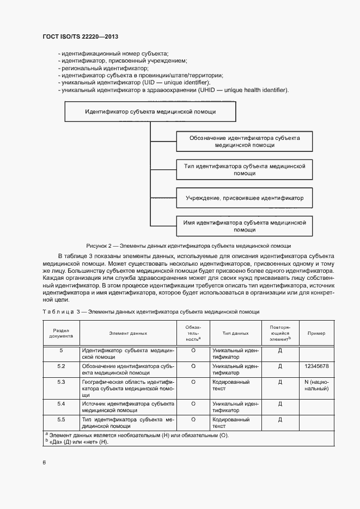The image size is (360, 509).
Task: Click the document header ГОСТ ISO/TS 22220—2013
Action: click(80, 36)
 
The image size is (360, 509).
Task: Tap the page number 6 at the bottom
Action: click(45, 463)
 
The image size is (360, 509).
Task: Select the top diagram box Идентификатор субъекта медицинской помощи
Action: click(150, 111)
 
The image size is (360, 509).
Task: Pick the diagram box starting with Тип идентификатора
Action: click(245, 169)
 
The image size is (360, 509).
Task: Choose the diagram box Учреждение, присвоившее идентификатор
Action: click(245, 198)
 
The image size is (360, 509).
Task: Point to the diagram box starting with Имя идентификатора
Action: click(245, 226)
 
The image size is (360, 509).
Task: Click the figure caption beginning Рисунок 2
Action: click(188, 246)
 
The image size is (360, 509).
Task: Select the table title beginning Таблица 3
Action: click(150, 312)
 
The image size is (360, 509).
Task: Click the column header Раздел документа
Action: click(61, 333)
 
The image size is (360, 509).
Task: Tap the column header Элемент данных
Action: click(128, 333)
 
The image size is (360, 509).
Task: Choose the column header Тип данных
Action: click(235, 333)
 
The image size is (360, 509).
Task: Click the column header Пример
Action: click(316, 333)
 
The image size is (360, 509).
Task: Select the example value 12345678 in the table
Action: click(316, 366)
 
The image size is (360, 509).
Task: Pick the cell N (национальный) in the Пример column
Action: click(316, 385)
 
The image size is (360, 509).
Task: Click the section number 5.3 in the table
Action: click(61, 382)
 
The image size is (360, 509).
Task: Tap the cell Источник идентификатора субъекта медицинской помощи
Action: click(128, 407)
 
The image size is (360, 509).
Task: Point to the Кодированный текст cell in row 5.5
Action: click(231, 423)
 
